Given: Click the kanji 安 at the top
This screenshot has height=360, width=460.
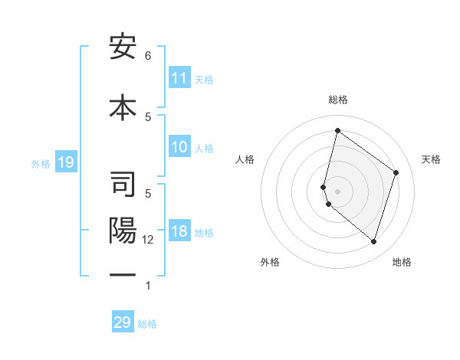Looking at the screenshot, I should (x=123, y=48).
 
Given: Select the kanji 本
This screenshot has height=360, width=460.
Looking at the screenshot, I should (x=123, y=105).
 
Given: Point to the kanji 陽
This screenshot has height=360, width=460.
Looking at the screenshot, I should (x=123, y=232).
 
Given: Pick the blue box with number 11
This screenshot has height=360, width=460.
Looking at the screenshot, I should (x=179, y=78).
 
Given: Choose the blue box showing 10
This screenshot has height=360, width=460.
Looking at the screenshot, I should (x=179, y=148).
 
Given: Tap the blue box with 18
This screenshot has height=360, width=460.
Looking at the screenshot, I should (x=179, y=232).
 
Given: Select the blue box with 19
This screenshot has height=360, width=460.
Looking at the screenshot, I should (x=65, y=162).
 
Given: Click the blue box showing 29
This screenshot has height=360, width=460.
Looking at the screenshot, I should (x=123, y=322).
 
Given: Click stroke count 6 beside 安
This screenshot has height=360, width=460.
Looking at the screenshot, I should (x=148, y=55).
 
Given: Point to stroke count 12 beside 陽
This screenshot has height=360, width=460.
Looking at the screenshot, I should (x=149, y=239).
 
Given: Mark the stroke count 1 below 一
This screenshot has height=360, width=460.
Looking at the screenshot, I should (x=148, y=286).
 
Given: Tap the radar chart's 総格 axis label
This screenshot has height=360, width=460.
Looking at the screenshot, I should (x=337, y=100).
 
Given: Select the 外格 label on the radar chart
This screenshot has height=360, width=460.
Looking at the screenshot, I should (x=270, y=262).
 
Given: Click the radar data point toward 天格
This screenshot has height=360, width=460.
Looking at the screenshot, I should (x=396, y=172).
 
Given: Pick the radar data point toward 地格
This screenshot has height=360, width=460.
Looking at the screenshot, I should (x=373, y=241).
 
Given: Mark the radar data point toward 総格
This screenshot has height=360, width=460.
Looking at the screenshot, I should (x=337, y=130).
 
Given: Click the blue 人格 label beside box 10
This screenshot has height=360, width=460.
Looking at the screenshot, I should (x=204, y=149).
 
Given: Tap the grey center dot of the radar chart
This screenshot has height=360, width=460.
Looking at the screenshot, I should (x=337, y=191).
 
